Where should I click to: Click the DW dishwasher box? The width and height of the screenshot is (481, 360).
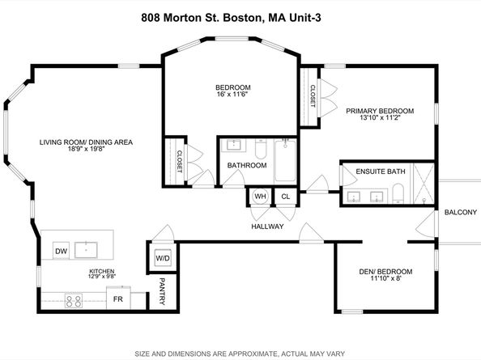pos(62,252)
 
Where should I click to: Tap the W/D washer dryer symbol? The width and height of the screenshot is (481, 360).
pos(162,260)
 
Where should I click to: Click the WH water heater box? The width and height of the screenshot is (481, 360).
pos(260,197)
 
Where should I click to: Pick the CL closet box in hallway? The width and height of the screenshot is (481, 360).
pos(285,197)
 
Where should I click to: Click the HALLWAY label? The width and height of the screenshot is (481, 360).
pos(266,227)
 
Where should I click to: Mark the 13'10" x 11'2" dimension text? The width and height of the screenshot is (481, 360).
pos(380,119)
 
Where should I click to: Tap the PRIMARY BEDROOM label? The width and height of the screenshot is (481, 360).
pos(380,111)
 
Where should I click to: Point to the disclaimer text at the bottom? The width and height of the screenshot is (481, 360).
pos(240,352)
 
